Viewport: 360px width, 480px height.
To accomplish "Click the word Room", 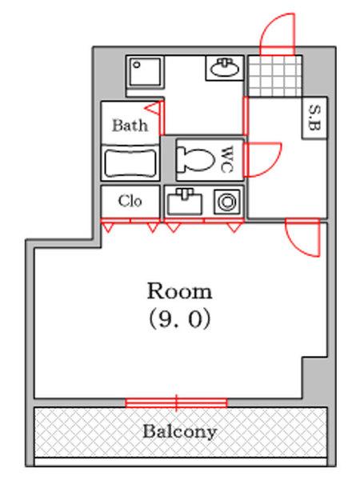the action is point(179,291).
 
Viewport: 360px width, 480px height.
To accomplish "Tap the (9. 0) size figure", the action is point(180,318).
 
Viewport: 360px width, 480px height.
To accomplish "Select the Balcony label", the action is point(180,432).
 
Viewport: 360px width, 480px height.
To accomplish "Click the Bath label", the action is point(130,126).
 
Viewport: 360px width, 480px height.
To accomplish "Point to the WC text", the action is point(227,159).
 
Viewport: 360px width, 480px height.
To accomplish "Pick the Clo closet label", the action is point(130,201).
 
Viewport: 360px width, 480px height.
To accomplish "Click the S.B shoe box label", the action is point(314,118).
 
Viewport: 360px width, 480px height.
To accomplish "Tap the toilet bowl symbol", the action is point(194,159).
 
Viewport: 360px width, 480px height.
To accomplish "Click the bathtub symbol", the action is point(130,162).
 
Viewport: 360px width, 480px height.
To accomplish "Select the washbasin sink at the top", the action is point(225,68).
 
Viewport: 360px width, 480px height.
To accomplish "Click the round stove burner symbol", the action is point(227,202).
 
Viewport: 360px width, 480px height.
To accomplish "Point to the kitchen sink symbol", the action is point(184,202).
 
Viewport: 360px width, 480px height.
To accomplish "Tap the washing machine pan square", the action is point(144,72).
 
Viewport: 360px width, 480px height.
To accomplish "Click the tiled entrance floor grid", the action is point(275,76).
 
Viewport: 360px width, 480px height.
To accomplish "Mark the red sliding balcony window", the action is point(176,402).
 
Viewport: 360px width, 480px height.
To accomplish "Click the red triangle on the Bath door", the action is point(153,108).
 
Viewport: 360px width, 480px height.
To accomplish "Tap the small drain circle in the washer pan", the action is point(137,65).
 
